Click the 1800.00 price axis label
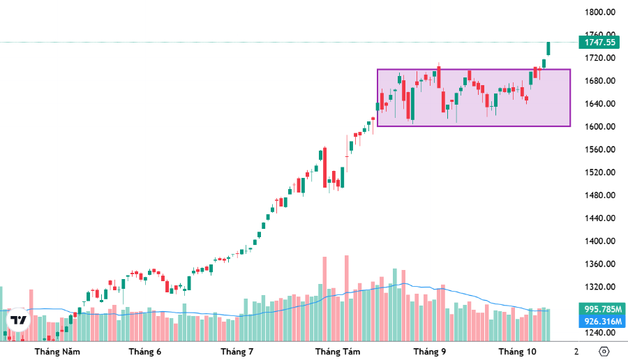coord(599,12)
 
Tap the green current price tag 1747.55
coord(599,42)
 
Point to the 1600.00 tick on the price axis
coord(599,126)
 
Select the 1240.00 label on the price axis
coord(599,333)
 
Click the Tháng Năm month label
coord(57,352)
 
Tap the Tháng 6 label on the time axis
coord(145,352)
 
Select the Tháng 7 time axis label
coord(237,352)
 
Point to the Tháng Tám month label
coord(337,352)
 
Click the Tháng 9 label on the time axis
coord(429,352)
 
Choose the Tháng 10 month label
coord(517,352)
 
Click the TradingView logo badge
coord(18,320)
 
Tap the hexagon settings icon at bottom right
coord(604,352)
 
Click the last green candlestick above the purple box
coord(548,48)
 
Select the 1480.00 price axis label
coord(599,195)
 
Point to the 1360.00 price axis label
coord(599,264)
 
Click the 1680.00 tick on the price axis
coord(599,81)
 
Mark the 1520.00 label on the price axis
coord(599,172)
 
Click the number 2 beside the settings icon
coord(576,352)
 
